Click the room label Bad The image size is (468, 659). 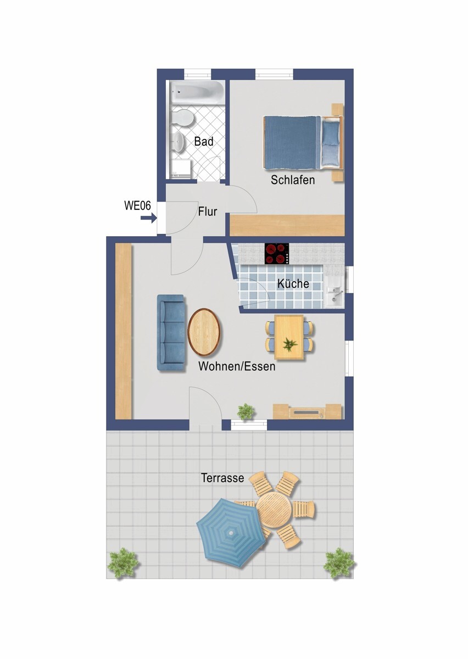click(x=204, y=142)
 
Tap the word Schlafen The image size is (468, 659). click(x=293, y=180)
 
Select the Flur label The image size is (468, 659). click(x=208, y=211)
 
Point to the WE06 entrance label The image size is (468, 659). click(x=137, y=206)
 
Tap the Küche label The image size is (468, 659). click(x=293, y=284)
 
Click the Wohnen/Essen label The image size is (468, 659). click(x=237, y=366)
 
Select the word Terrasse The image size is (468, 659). click(x=222, y=478)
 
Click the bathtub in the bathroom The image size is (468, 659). click(x=197, y=92)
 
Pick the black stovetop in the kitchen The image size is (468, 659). click(x=277, y=254)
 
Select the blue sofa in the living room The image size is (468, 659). click(x=171, y=332)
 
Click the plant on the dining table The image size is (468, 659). click(x=289, y=345)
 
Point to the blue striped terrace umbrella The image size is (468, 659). click(x=230, y=531)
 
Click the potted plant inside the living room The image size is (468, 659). click(x=246, y=410)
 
